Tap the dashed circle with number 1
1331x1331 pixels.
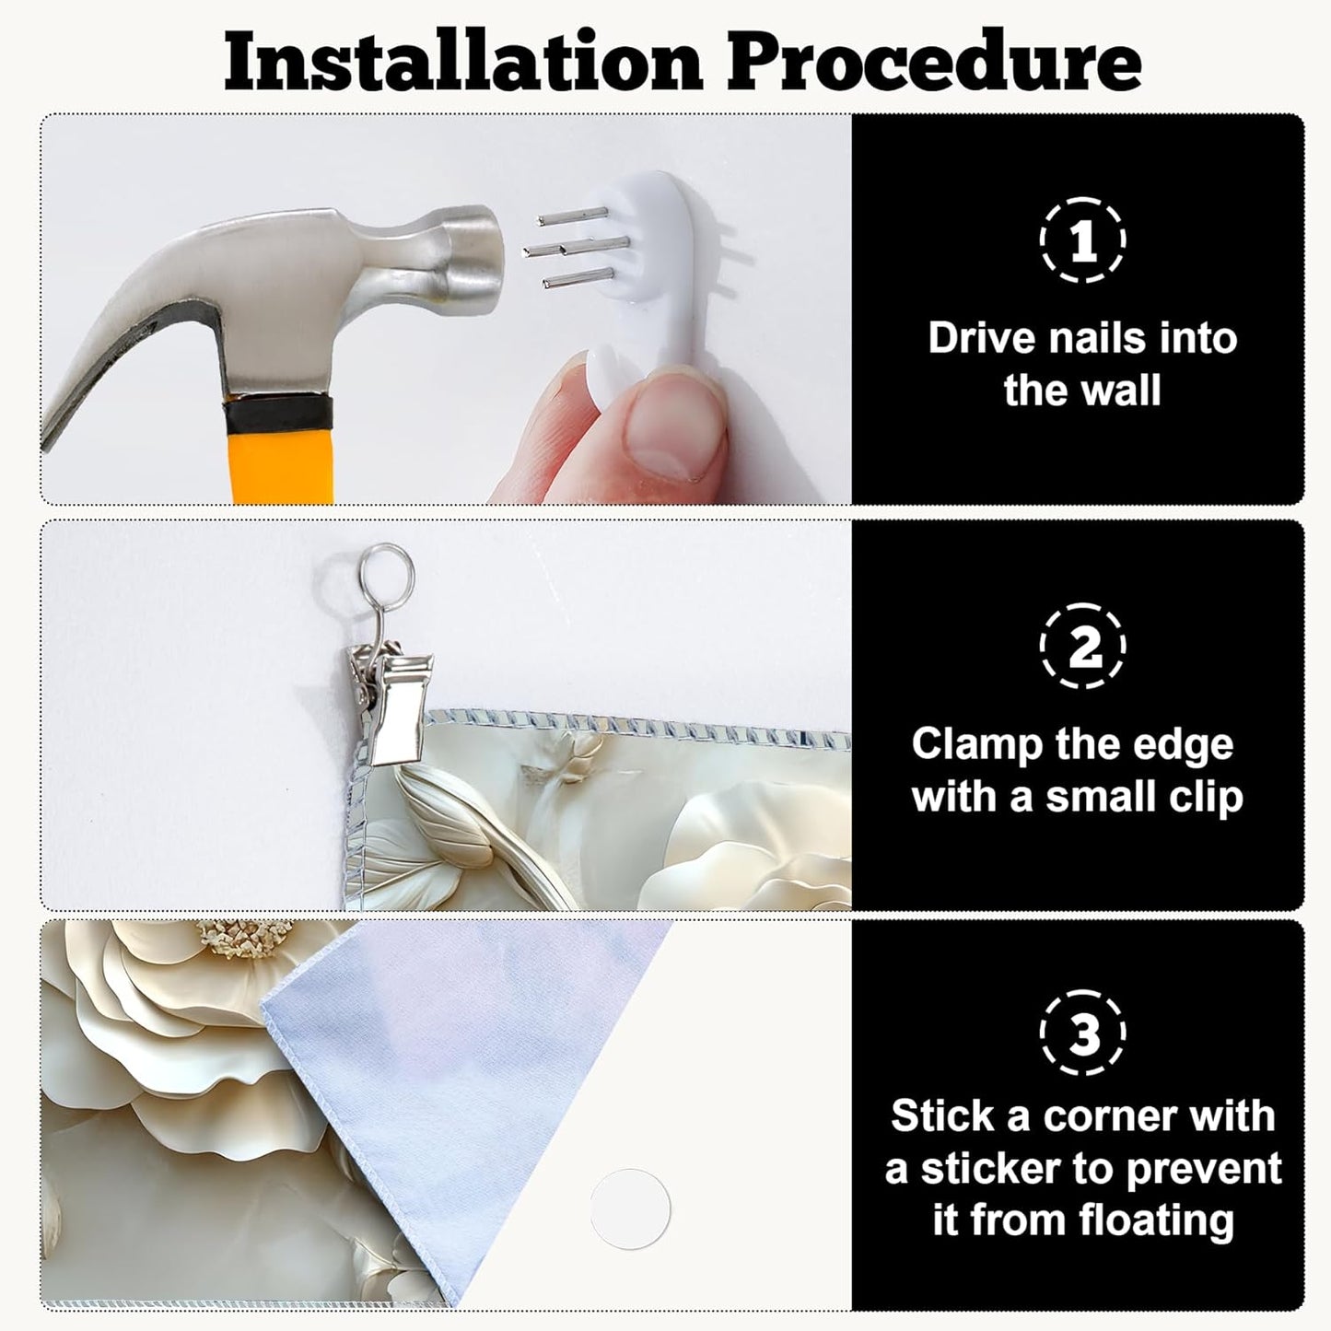1082,240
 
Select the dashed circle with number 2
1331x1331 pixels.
1082,646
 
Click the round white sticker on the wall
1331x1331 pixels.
630,1209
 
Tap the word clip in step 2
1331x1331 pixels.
1203,797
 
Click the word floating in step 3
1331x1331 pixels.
1152,1222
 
